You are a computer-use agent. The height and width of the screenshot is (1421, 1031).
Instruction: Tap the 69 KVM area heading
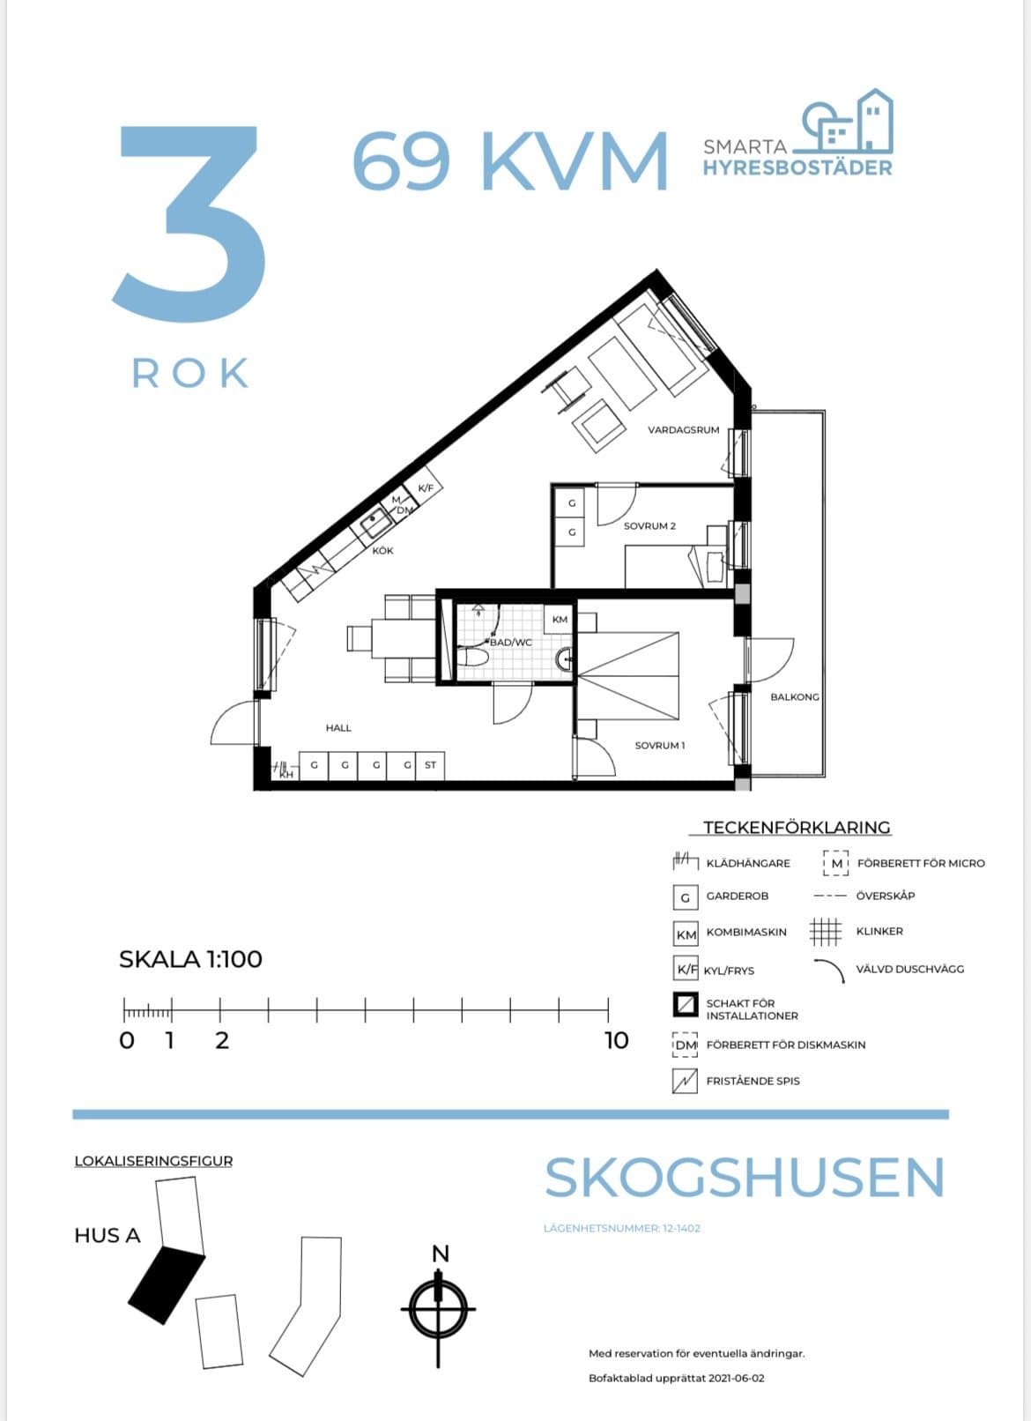click(509, 161)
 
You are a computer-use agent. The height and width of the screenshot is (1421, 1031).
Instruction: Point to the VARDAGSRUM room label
click(683, 430)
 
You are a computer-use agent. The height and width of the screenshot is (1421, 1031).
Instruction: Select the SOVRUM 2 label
click(649, 526)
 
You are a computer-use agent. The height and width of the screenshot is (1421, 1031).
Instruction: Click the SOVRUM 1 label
click(659, 746)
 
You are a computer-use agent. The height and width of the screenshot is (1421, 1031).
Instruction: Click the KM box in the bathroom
click(560, 620)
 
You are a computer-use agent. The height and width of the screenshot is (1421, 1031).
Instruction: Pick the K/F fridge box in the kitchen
click(426, 487)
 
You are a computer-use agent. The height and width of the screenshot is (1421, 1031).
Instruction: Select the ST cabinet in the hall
click(430, 765)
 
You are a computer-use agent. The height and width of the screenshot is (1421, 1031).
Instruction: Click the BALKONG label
click(794, 696)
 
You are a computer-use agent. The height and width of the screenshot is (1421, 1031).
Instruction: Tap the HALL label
click(338, 728)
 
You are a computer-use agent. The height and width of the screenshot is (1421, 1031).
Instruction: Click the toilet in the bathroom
click(472, 658)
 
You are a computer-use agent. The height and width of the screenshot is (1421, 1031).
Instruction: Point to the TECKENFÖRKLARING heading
click(797, 828)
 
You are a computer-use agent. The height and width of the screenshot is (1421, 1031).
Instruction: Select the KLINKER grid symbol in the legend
click(826, 931)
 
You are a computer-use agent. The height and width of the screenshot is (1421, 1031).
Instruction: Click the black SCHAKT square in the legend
click(685, 1005)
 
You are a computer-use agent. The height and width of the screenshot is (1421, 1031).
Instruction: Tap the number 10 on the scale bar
click(616, 1040)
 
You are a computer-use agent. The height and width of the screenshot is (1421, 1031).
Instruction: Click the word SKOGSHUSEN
click(745, 1178)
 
